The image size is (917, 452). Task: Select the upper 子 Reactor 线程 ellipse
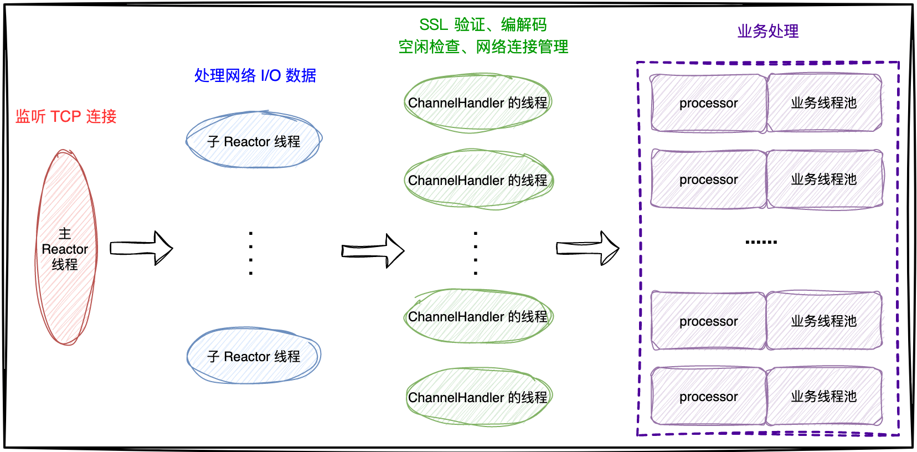click(x=254, y=141)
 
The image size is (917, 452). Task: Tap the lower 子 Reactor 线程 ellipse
click(x=254, y=356)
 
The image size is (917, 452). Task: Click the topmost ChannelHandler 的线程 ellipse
click(x=477, y=103)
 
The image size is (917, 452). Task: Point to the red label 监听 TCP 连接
click(x=66, y=116)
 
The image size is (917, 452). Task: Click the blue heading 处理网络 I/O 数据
click(x=255, y=75)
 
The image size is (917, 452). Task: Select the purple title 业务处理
click(x=767, y=31)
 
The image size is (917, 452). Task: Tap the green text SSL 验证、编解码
click(x=482, y=25)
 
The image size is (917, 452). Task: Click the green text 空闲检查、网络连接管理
click(x=483, y=47)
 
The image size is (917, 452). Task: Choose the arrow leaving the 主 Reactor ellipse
click(x=141, y=248)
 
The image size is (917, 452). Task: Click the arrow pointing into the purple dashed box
click(x=588, y=248)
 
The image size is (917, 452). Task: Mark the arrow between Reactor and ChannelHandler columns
click(x=373, y=251)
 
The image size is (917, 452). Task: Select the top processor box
click(x=708, y=103)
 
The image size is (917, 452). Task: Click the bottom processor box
click(x=708, y=397)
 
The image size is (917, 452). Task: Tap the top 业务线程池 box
click(x=824, y=103)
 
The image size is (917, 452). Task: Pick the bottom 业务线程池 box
click(x=824, y=397)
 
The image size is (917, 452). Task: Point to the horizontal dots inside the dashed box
click(x=761, y=242)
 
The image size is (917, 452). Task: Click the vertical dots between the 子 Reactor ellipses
click(x=251, y=253)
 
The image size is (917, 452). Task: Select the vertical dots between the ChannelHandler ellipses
click(x=476, y=253)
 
